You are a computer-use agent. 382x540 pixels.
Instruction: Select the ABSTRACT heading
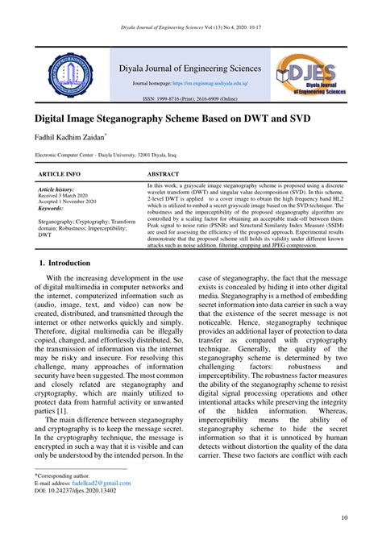coord(164,173)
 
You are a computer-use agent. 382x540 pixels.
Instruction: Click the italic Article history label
coord(56,189)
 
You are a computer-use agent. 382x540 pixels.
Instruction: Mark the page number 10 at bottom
coord(344,517)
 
